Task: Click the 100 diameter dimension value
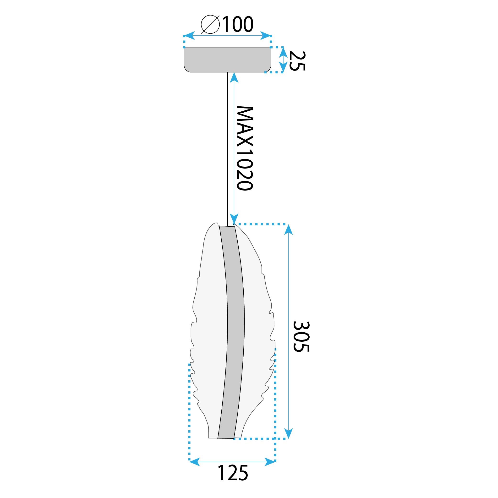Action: [x=238, y=24]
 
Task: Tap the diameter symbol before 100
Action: [x=210, y=24]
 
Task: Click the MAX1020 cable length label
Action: [x=245, y=148]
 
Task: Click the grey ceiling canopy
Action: [x=227, y=59]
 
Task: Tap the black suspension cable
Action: [x=227, y=147]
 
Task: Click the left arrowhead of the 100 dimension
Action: [x=189, y=36]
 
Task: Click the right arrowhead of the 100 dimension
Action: [x=266, y=36]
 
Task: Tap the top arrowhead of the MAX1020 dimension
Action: [x=234, y=77]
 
